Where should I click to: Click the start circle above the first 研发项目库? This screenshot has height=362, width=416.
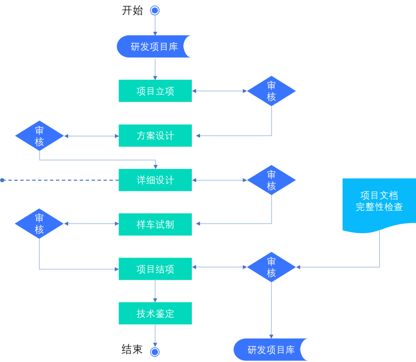tap(155, 10)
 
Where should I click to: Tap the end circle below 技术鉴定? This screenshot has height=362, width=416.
tap(155, 352)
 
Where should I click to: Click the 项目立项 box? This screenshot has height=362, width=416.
tap(155, 91)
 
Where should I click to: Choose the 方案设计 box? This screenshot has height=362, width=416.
tap(155, 136)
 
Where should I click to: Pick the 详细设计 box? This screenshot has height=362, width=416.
tap(155, 180)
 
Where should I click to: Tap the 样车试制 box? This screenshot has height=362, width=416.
tap(155, 224)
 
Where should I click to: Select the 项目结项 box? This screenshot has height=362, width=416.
tap(155, 269)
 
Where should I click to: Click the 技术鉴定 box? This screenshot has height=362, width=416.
tap(155, 313)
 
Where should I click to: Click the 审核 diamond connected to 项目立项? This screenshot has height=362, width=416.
tap(271, 91)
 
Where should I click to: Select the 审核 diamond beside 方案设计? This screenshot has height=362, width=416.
tap(39, 136)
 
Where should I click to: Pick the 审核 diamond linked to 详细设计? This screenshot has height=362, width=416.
tap(271, 180)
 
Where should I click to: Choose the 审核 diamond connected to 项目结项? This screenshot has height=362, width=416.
tap(271, 267)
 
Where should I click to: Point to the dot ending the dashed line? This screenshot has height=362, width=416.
tap(2, 180)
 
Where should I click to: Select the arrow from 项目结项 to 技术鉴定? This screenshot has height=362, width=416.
tap(155, 291)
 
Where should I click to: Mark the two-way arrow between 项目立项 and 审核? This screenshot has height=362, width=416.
tap(220, 91)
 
